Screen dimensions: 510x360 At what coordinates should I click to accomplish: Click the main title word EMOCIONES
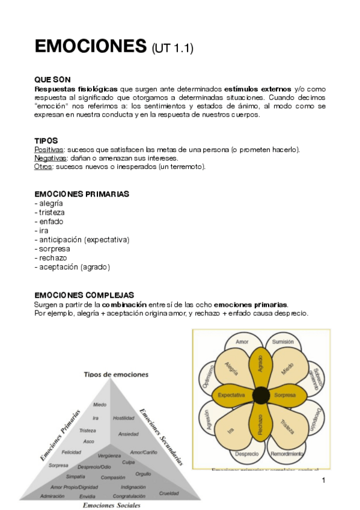coord(91,46)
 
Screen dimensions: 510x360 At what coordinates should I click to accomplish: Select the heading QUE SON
coord(53,79)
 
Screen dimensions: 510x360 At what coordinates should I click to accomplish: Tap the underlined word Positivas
coord(49,149)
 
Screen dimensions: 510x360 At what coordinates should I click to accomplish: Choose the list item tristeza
coord(51,212)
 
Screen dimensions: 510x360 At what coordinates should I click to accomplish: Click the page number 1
coord(323,480)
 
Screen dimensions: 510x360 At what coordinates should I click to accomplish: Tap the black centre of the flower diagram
coord(261,395)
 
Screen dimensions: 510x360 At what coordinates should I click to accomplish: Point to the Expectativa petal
coord(231,395)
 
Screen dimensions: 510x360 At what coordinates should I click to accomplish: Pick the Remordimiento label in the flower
coord(287,453)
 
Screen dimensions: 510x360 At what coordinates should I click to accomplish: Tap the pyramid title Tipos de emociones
coord(116,373)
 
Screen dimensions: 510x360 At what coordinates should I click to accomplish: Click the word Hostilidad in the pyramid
coord(123,417)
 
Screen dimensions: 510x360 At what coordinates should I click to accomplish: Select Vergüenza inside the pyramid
coord(109,456)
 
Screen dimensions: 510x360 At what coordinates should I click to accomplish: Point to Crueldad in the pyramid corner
coord(168,493)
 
